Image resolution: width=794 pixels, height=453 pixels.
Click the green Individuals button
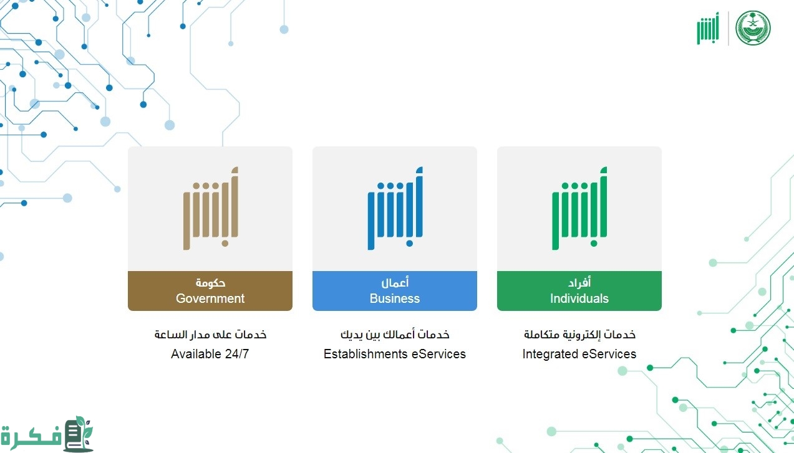point(579,291)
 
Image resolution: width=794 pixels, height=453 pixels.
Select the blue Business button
point(395,291)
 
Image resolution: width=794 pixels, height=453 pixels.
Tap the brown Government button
point(210,291)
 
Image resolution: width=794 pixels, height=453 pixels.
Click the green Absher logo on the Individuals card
point(579,208)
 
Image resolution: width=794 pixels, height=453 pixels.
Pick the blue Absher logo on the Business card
point(395,208)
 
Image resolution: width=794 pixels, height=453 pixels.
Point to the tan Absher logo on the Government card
point(211,208)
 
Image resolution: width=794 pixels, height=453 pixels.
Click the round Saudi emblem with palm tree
point(753,28)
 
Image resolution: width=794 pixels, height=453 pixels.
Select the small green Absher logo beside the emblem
point(708,28)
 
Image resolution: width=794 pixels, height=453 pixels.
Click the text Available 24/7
point(210,354)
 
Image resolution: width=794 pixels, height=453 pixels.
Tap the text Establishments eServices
point(395,354)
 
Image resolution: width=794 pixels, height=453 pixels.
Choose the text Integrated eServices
point(579,354)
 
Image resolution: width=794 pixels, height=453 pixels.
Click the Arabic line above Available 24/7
point(210,335)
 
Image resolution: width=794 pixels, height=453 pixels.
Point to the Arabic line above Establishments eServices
point(395,335)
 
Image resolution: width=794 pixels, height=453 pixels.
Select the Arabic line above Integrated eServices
point(579,335)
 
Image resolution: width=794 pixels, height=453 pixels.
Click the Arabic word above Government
point(210,283)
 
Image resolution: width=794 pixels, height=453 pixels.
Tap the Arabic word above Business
point(395,282)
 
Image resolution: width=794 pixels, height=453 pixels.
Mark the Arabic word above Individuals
point(579,282)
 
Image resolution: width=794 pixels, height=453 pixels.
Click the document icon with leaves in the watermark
point(79,434)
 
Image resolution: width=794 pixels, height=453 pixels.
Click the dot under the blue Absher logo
point(409,243)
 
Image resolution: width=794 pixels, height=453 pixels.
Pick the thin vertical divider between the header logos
point(729,28)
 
